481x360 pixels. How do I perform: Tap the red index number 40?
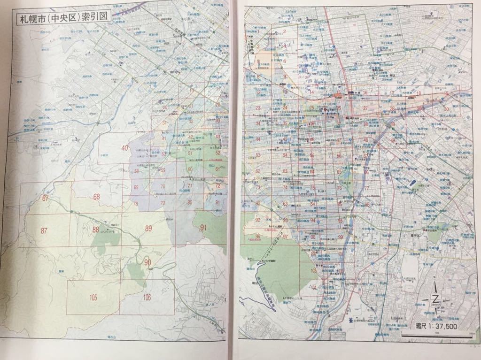[x=124, y=148]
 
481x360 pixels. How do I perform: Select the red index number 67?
[x=45, y=198]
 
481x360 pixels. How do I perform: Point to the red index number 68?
[x=97, y=197]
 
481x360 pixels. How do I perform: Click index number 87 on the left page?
[x=44, y=230]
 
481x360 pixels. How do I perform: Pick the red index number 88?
[x=96, y=230]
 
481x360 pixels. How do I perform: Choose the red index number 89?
[x=149, y=229]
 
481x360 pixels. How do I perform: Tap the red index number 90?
[x=147, y=262]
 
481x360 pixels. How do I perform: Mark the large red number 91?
[x=203, y=228]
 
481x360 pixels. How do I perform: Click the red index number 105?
[x=93, y=297]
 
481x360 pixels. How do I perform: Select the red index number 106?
[x=147, y=296]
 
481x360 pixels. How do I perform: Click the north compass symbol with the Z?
[x=435, y=299]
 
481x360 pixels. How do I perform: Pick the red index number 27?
[x=365, y=108]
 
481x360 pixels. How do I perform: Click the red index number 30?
[x=446, y=109]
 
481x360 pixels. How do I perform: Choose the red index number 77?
[x=366, y=189]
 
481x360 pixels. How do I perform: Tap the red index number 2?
[x=285, y=32]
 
